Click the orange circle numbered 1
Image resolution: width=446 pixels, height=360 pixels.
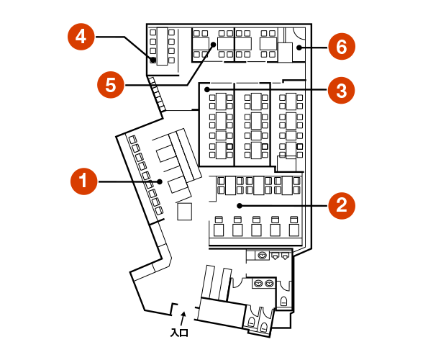[83, 181]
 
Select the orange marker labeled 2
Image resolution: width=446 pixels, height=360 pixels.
[342, 206]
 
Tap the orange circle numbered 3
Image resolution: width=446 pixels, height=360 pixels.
[342, 91]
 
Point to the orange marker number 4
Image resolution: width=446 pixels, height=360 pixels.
[81, 37]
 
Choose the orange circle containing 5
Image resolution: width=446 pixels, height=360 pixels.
[111, 85]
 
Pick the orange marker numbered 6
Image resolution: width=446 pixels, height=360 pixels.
[342, 48]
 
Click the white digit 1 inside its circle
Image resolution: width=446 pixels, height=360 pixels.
[83, 181]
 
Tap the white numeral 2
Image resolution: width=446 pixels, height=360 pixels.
[342, 206]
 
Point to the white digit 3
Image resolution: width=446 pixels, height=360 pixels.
[342, 91]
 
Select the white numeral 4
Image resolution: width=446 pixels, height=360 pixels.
[81, 37]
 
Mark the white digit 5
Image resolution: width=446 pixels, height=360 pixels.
[111, 85]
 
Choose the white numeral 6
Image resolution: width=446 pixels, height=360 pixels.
[342, 48]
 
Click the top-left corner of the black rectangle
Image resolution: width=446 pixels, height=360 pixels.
[66, 22]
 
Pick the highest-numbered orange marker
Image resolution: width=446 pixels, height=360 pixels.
[342, 48]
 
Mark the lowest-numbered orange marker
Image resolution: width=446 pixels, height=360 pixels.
[83, 181]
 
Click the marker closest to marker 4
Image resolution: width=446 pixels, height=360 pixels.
[111, 85]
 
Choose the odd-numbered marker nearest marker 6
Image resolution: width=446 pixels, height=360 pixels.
[342, 91]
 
